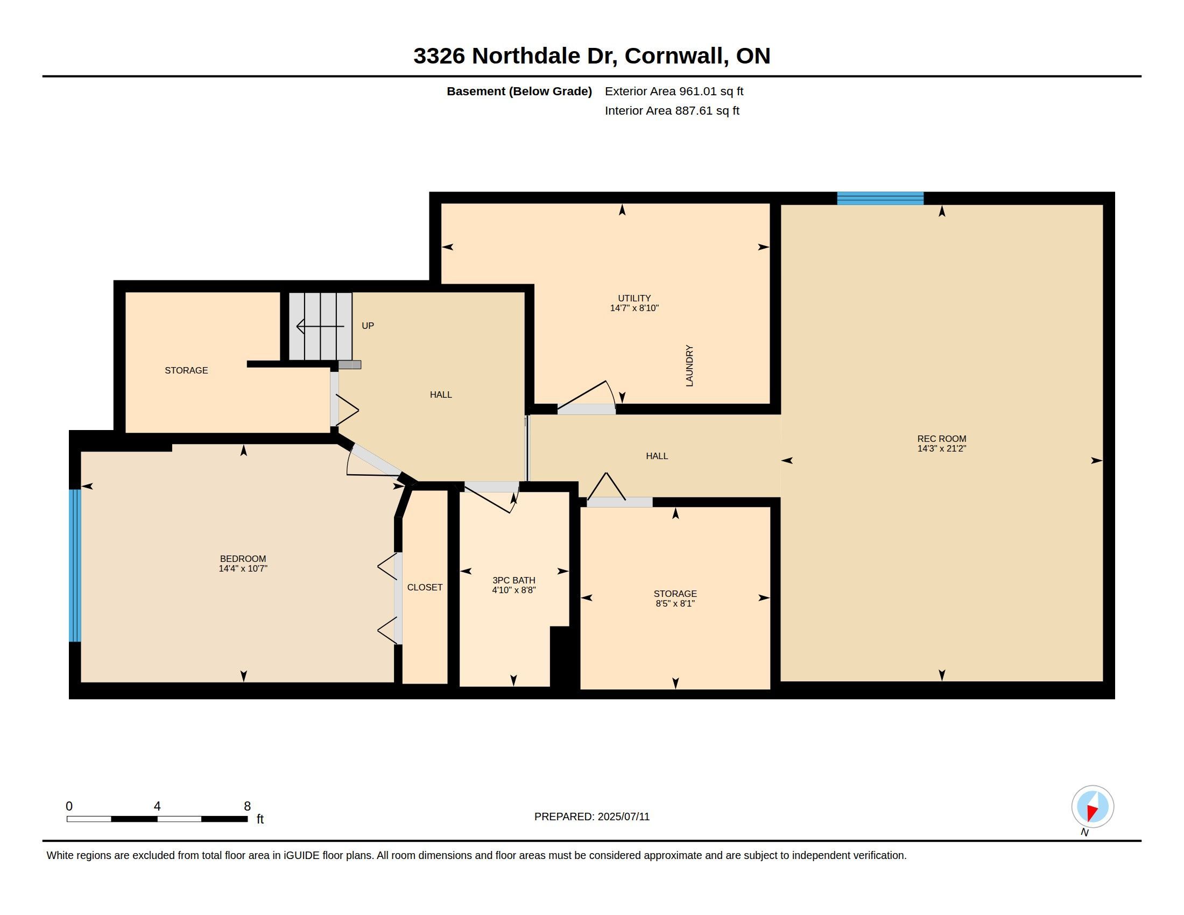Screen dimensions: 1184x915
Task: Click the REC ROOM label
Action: pos(942,439)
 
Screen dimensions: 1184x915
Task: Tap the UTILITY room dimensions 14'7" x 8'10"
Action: pos(635,308)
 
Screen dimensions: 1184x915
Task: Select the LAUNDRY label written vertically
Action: pos(689,365)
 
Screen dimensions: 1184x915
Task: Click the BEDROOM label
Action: pos(243,558)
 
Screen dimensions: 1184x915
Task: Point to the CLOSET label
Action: pos(425,587)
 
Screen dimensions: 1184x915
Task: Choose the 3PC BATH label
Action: pos(514,580)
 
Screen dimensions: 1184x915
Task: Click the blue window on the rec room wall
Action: pos(880,199)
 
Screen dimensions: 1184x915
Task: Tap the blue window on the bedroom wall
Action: pos(75,565)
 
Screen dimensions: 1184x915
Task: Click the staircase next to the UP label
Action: pos(320,326)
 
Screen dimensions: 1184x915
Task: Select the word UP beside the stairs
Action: pos(368,326)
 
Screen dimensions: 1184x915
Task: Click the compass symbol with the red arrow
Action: pos(1093,807)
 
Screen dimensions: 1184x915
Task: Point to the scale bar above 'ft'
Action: pos(157,819)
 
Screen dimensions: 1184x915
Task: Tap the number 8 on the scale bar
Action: pos(247,806)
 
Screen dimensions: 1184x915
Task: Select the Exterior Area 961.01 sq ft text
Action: pos(674,91)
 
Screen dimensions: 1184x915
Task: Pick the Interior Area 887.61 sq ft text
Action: pos(672,110)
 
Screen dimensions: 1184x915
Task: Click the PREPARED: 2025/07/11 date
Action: pos(592,817)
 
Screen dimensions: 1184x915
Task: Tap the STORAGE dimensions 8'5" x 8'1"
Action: pos(675,603)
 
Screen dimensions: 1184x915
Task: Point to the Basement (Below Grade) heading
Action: pos(519,91)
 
